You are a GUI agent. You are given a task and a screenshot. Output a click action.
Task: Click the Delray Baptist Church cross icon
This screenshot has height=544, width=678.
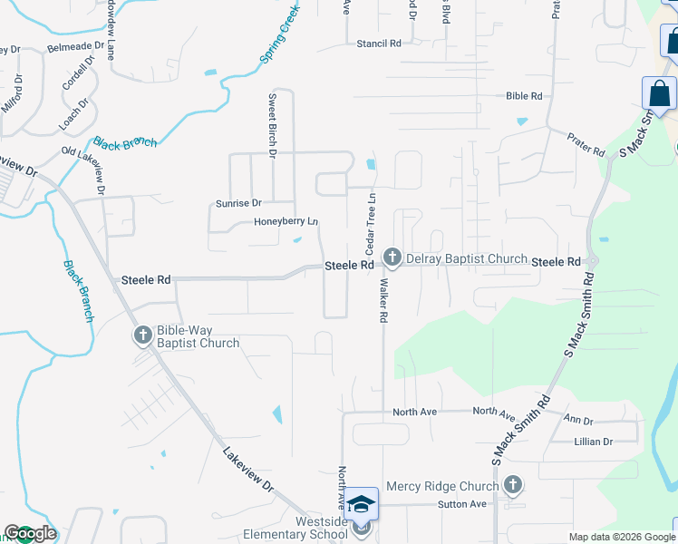(x=392, y=258)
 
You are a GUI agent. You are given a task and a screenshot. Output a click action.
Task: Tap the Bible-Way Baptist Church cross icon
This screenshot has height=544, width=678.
(x=142, y=336)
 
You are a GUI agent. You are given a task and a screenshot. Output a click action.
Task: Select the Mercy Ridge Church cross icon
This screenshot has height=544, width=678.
(x=514, y=485)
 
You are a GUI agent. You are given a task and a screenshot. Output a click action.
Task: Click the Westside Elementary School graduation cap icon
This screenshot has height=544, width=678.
(x=361, y=504)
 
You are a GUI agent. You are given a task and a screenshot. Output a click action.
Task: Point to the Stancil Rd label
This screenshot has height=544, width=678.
(x=379, y=44)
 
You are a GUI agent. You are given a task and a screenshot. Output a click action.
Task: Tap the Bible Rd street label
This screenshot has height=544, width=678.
(x=524, y=96)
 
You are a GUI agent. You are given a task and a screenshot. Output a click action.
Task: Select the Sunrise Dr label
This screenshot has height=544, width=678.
(x=238, y=203)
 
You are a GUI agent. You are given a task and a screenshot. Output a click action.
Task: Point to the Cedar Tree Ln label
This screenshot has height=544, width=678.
(x=370, y=223)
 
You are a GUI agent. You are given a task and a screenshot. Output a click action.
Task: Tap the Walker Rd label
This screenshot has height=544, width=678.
(x=383, y=303)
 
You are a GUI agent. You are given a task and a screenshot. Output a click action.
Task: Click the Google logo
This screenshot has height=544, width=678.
(x=30, y=533)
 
